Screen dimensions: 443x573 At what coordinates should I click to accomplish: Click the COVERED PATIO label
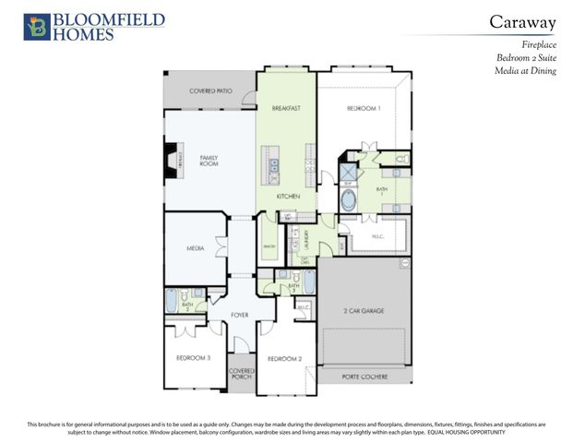[x=210, y=91]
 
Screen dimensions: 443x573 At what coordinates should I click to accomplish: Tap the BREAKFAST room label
[x=286, y=108]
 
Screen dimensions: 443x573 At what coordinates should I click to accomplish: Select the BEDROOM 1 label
[x=363, y=108]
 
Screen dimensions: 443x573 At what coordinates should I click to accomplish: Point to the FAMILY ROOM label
[x=209, y=161]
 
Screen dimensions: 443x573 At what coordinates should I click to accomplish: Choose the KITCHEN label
[x=288, y=197]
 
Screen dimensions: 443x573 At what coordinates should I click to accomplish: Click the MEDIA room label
[x=195, y=247]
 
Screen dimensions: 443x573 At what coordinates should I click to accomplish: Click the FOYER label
[x=240, y=315]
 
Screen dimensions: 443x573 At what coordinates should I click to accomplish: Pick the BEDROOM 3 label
[x=194, y=357]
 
